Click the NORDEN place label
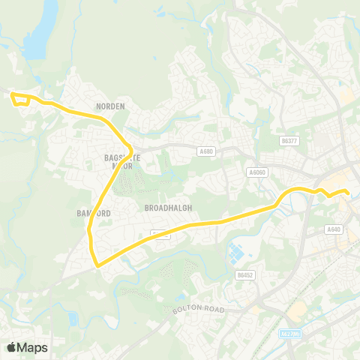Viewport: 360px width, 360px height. point(110,107)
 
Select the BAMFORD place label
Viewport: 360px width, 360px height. point(93,214)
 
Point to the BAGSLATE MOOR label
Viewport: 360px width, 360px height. point(118,162)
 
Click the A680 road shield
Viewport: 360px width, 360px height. point(206,151)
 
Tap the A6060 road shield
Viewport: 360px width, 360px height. point(257,172)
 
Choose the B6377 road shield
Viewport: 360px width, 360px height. point(289,140)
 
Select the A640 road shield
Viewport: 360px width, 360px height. point(334,229)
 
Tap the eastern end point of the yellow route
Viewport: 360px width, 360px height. point(348,193)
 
